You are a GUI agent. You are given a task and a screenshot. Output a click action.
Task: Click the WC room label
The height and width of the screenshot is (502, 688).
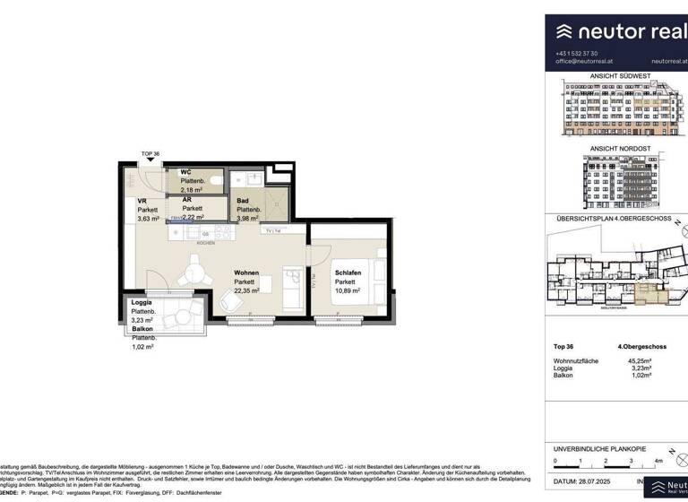186,171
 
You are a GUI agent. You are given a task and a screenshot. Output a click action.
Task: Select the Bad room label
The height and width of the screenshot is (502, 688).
243,203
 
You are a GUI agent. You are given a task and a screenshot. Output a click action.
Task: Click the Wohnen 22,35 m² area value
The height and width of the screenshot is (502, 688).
246,290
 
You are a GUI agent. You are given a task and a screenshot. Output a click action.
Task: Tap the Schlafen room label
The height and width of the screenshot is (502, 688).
348,273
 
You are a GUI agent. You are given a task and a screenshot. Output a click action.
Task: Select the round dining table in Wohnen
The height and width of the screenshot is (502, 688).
192,270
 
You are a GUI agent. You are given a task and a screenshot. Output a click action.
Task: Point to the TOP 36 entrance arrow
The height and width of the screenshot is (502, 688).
150,163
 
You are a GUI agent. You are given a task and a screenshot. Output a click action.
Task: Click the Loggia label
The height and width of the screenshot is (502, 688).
142,302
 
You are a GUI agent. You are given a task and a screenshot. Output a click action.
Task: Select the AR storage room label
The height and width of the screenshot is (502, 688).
187,200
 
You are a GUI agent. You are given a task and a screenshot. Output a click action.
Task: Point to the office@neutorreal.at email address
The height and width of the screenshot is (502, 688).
584,61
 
